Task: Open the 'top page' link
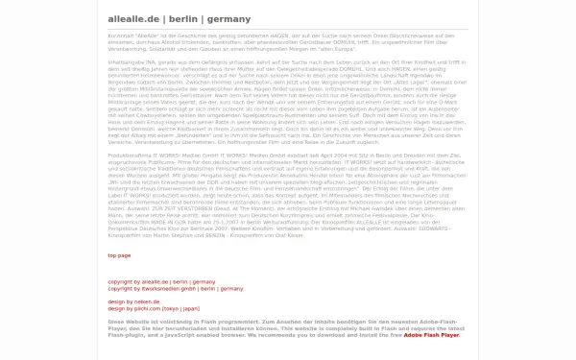[x=119, y=255]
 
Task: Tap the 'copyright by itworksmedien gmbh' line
[x=161, y=288]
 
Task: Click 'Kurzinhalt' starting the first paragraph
[x=120, y=34]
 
